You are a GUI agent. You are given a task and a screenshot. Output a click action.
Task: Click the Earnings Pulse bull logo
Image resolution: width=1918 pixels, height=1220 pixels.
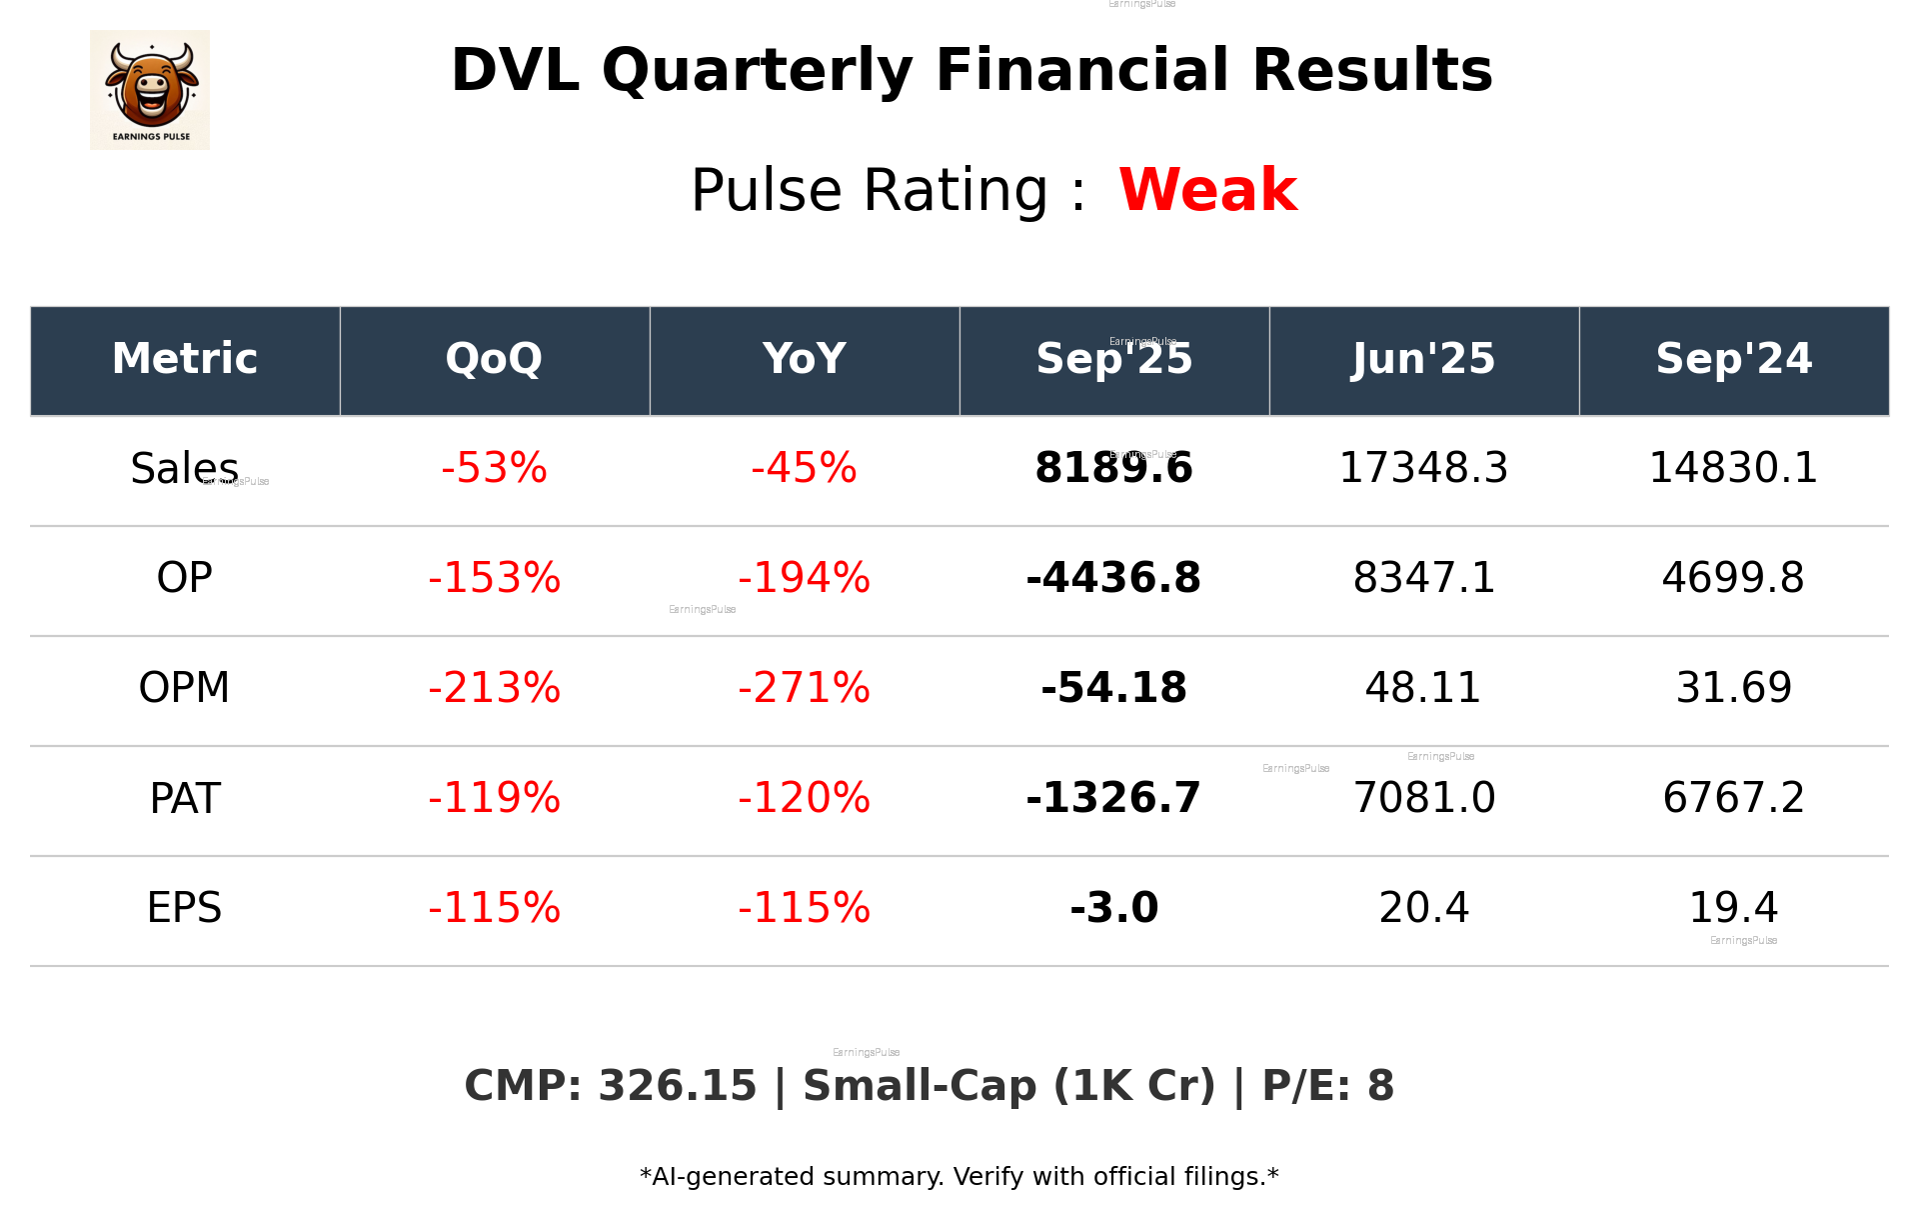pos(150,90)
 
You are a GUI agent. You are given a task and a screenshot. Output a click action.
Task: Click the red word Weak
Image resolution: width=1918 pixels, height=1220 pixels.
pos(1207,190)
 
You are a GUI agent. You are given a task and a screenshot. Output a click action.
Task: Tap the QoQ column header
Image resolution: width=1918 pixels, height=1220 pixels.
pos(494,359)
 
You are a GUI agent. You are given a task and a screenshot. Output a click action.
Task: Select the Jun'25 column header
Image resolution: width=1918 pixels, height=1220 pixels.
pos(1423,359)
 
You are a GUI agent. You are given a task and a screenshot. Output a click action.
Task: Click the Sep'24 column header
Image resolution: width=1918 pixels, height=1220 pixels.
pos(1733,359)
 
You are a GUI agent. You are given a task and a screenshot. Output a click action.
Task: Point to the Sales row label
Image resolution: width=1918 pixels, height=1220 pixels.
pos(184,468)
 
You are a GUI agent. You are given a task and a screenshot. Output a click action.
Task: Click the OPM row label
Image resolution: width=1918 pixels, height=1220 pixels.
pos(184,688)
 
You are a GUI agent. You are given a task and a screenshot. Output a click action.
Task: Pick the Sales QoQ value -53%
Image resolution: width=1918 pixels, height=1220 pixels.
pos(494,468)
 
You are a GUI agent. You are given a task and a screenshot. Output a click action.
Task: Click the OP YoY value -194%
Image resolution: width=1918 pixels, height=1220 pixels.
pos(804,578)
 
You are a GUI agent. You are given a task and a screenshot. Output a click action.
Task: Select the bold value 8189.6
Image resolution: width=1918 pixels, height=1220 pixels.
pos(1113,468)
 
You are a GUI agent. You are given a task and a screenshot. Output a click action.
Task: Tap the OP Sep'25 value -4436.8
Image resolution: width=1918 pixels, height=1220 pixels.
pos(1113,578)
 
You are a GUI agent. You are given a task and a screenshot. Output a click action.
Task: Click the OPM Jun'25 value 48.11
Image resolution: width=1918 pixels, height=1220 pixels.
pos(1423,688)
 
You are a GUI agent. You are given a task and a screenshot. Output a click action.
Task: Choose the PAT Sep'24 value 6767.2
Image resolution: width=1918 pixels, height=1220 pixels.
pos(1733,798)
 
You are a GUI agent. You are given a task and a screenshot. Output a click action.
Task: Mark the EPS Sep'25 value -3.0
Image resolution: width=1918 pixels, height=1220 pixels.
pos(1113,908)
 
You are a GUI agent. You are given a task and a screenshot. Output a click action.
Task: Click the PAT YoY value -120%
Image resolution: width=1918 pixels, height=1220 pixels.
pos(804,798)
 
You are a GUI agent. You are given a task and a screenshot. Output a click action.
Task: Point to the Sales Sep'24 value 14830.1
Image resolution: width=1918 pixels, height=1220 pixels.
pos(1733,468)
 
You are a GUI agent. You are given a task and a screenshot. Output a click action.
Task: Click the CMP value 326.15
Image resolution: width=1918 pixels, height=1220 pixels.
pos(677,1086)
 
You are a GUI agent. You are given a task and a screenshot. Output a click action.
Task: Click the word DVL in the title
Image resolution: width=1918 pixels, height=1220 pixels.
pos(515,71)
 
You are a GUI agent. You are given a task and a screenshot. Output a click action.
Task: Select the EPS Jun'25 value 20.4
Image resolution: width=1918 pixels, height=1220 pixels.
pos(1423,908)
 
